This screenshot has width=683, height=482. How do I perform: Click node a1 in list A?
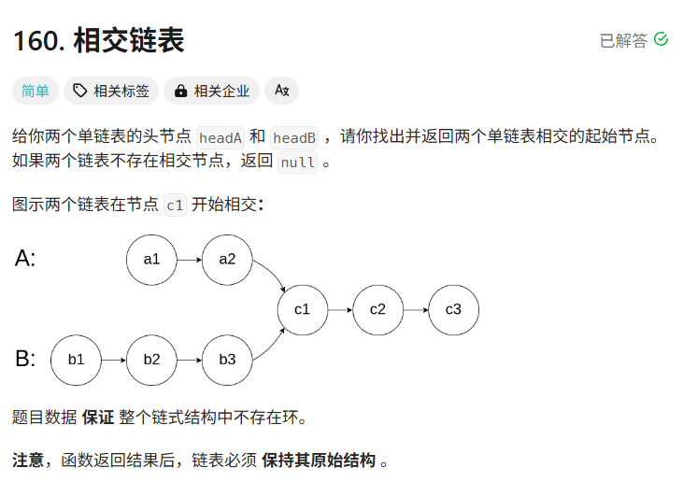tap(151, 259)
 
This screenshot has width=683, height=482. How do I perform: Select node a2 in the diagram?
tap(227, 259)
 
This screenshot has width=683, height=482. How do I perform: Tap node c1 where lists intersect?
tap(302, 309)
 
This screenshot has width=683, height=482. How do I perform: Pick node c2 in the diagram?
tap(377, 309)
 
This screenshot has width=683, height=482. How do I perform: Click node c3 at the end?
tap(453, 309)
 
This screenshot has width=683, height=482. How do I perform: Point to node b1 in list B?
tap(76, 360)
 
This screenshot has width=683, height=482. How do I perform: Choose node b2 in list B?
tap(151, 360)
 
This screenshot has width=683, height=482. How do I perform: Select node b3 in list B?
tap(227, 360)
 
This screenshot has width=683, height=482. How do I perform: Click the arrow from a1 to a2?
tap(189, 259)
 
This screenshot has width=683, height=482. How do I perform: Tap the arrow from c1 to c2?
tap(339, 309)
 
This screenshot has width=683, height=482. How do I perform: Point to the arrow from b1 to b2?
tap(113, 360)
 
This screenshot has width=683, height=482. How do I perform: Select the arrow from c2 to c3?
tap(415, 309)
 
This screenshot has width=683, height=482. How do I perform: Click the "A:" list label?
tap(25, 259)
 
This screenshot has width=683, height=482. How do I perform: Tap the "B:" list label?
tap(25, 359)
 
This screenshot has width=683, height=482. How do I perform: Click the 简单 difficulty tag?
tap(36, 91)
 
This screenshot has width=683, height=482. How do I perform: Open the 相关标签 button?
tap(111, 91)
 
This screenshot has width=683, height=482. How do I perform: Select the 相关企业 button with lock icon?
tap(212, 91)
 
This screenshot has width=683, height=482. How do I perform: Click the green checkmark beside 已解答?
tap(662, 39)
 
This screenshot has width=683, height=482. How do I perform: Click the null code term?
tap(298, 162)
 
